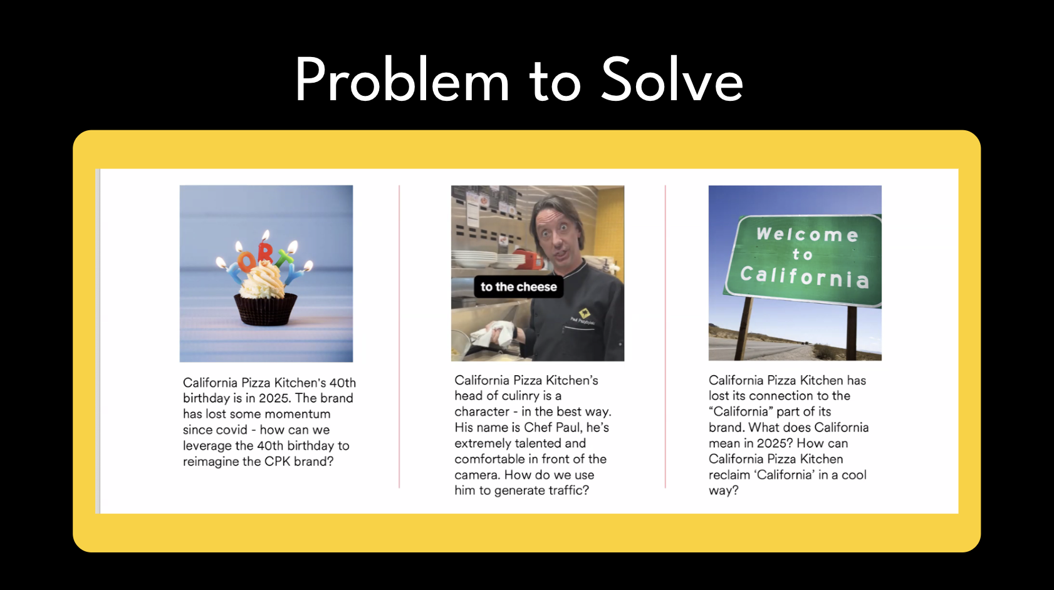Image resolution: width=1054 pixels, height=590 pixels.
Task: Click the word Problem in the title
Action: tap(402, 79)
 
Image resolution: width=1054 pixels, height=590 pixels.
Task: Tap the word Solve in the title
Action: tap(672, 79)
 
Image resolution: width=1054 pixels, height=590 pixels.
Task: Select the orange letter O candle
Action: tap(246, 261)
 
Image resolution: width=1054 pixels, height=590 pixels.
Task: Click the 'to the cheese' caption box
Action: tap(518, 287)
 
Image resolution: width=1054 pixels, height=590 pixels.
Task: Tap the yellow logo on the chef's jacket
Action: tap(585, 313)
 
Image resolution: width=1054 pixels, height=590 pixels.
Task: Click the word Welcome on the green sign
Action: tap(808, 234)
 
